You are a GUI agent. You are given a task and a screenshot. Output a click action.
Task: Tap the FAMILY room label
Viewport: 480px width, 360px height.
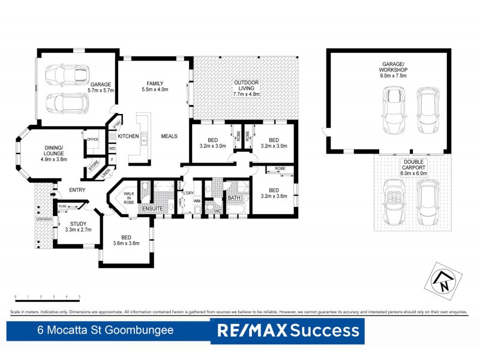[155, 86]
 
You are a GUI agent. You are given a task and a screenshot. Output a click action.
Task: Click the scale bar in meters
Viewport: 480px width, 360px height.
[47, 296]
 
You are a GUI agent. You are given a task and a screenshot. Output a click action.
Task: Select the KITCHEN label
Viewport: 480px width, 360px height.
[128, 136]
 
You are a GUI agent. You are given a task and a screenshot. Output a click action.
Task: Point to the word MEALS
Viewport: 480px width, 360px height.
[169, 136]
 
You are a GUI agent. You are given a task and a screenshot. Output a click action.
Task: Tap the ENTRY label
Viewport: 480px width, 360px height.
[76, 190]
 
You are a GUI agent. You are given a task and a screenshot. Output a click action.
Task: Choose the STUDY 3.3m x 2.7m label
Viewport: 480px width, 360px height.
[75, 226]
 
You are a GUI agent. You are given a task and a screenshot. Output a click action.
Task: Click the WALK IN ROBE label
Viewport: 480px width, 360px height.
[128, 199]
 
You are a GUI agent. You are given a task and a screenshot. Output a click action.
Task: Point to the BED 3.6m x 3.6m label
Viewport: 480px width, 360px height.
[126, 240]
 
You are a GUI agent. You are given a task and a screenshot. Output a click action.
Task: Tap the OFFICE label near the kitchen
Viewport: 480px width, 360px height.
[92, 139]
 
